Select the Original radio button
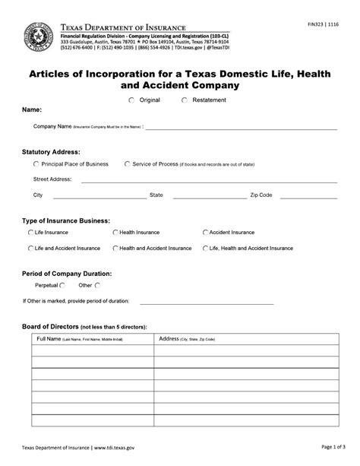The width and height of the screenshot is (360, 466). (131, 100)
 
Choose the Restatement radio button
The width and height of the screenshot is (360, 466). (185, 100)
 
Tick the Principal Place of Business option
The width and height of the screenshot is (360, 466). (36, 163)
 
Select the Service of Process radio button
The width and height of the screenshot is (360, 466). (126, 163)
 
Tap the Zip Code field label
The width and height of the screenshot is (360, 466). (261, 195)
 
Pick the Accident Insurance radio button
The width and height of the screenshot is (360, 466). (205, 232)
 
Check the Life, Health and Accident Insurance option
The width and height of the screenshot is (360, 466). (205, 248)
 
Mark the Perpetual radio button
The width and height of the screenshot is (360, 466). (62, 285)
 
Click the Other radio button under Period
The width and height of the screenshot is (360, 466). (96, 285)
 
